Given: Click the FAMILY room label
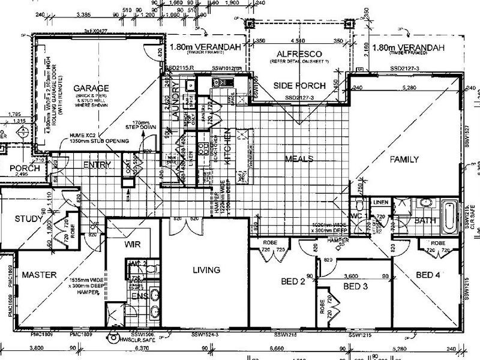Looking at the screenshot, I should [404, 159].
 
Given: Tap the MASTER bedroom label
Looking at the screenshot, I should [39, 275].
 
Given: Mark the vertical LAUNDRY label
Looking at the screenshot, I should [176, 102].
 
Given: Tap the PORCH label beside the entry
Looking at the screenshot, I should [25, 169].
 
